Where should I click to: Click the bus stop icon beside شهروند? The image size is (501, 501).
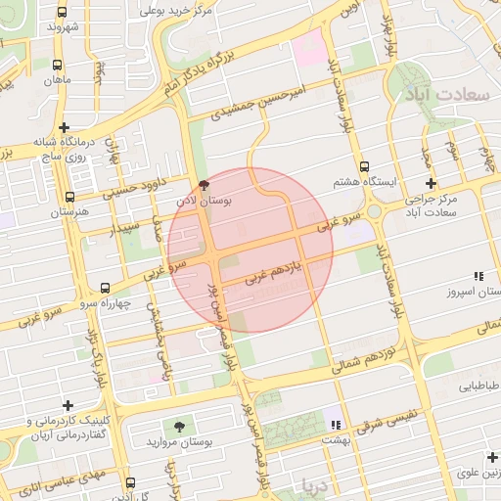click(64, 13)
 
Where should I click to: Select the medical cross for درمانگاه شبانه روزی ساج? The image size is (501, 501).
click(65, 127)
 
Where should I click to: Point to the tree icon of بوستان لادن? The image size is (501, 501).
click(204, 185)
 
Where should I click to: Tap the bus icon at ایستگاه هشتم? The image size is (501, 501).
click(365, 166)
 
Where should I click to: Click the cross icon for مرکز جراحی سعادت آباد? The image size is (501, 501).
click(431, 183)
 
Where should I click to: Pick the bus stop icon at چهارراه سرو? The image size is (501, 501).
click(106, 288)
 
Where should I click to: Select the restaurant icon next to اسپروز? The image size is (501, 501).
click(478, 277)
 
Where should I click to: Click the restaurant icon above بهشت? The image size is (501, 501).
click(336, 425)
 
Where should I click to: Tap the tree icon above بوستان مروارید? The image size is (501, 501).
click(179, 426)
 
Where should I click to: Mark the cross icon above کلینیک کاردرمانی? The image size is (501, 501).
click(67, 405)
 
